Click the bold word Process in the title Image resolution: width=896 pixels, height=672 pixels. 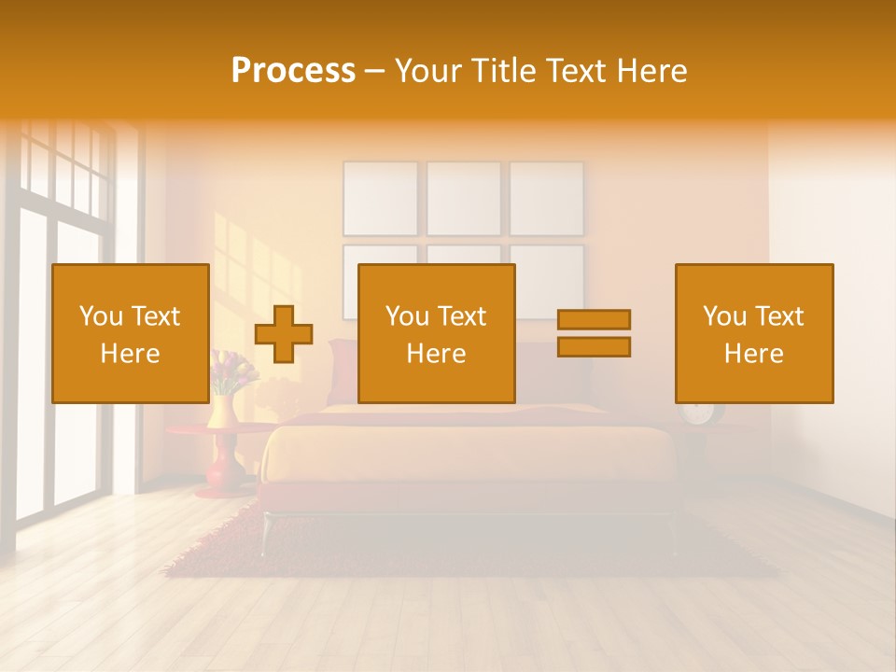coord(293,71)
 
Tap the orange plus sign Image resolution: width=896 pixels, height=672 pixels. coord(284,334)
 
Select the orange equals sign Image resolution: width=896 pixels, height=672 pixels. coord(594,333)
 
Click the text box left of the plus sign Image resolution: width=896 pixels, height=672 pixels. coord(130,333)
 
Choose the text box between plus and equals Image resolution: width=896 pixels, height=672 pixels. coord(436,333)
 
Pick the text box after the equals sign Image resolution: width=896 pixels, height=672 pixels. coord(753,333)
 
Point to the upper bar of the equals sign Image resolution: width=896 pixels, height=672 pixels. coord(594,319)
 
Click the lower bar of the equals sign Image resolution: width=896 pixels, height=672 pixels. coord(594,347)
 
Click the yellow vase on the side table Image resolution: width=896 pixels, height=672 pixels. coord(222,411)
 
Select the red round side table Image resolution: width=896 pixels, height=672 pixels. coord(220,457)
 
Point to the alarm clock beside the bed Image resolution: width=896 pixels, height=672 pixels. coord(698,413)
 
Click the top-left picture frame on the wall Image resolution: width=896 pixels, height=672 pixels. coord(381,198)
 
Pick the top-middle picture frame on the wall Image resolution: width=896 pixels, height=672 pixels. coord(464,198)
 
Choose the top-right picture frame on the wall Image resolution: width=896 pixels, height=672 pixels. coord(547,198)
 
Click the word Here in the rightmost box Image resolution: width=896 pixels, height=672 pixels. coord(753,354)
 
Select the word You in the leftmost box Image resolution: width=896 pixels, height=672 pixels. coord(100,316)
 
